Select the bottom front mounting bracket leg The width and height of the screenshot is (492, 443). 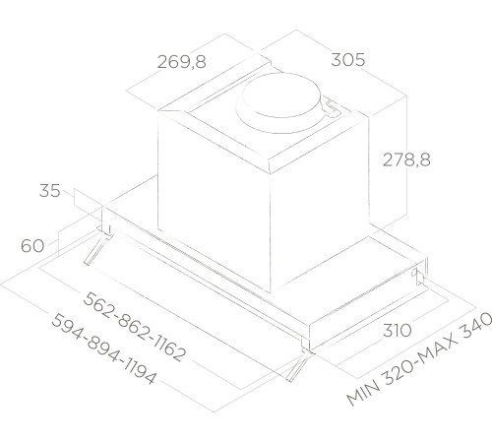[x=298, y=367]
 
